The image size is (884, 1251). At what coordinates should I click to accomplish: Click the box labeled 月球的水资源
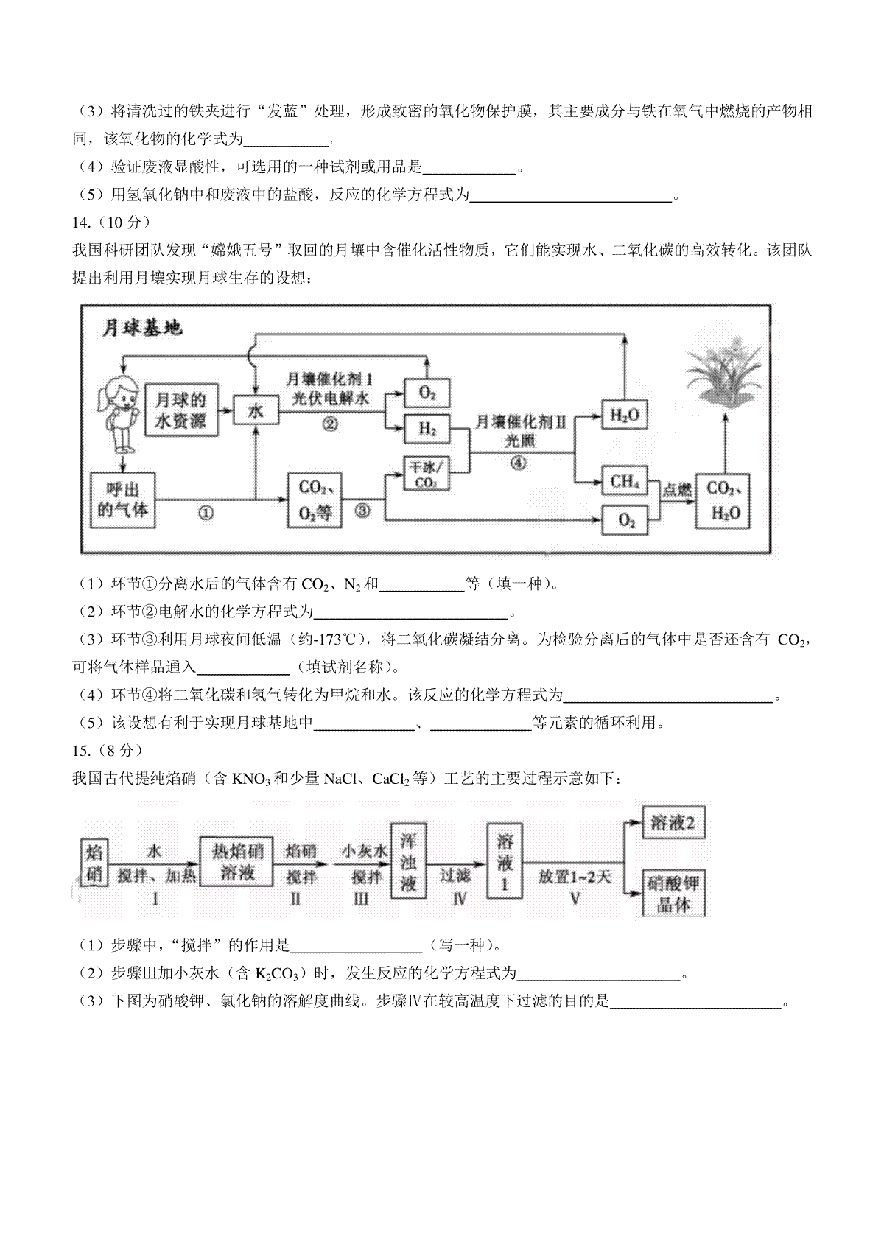click(181, 410)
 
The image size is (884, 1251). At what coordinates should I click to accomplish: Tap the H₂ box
click(427, 429)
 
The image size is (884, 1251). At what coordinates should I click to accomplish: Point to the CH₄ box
click(625, 480)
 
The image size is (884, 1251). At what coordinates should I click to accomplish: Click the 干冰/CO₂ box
click(426, 474)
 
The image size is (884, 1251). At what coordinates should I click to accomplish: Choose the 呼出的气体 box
click(123, 500)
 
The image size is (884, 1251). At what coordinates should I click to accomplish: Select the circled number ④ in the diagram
click(519, 463)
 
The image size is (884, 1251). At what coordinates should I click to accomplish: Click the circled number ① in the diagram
click(206, 512)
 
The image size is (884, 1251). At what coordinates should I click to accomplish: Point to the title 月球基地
click(142, 328)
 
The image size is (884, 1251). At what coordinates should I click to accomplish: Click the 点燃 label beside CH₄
click(677, 491)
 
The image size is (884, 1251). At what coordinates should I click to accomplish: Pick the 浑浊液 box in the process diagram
click(408, 861)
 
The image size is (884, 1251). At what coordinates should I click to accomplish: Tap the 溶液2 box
click(673, 823)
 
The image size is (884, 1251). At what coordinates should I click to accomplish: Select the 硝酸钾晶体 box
click(673, 893)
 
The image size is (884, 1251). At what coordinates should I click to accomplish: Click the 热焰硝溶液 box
click(236, 861)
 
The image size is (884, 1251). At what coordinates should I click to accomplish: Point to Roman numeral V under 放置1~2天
click(575, 899)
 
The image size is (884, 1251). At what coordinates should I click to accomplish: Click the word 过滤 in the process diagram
click(455, 875)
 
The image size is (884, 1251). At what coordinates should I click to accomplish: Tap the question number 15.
click(82, 751)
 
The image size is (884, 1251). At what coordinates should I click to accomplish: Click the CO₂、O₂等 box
click(315, 500)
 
